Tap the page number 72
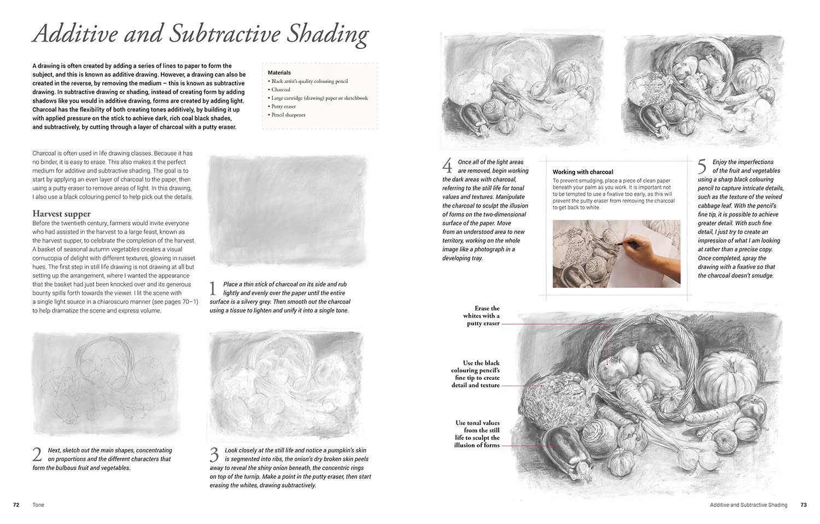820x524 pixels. tap(16, 505)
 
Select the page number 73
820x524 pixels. tap(803, 505)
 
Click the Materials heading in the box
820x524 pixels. tap(279, 73)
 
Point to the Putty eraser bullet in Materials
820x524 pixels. tap(284, 107)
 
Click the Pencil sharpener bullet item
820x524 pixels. tap(288, 115)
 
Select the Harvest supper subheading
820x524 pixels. tap(61, 214)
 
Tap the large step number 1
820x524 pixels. tap(214, 288)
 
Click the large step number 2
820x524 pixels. tap(37, 454)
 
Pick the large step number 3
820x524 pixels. tap(214, 454)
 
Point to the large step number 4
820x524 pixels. tap(447, 166)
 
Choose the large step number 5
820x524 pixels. tap(702, 166)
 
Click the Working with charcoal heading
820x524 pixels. tap(583, 172)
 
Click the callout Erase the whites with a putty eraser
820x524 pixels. tap(481, 316)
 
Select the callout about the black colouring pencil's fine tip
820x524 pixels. tap(476, 374)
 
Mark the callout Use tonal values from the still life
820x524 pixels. tap(477, 434)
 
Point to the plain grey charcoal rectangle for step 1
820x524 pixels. tap(289, 210)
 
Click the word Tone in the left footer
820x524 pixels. tap(38, 505)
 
